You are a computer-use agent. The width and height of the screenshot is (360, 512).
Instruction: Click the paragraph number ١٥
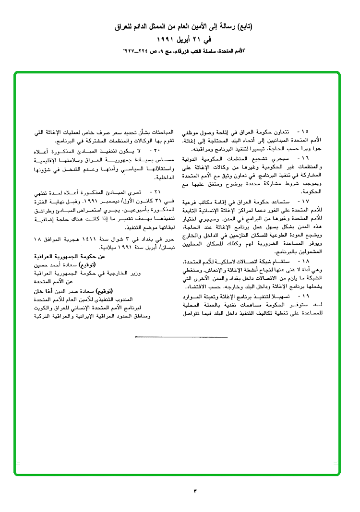(x=305, y=131)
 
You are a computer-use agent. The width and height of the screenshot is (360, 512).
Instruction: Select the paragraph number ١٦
(x=305, y=157)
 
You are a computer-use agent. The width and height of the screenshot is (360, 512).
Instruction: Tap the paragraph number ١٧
(x=305, y=202)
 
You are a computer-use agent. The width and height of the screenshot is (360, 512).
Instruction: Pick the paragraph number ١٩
(x=305, y=298)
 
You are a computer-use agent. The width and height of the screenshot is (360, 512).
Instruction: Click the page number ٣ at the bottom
(x=195, y=490)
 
